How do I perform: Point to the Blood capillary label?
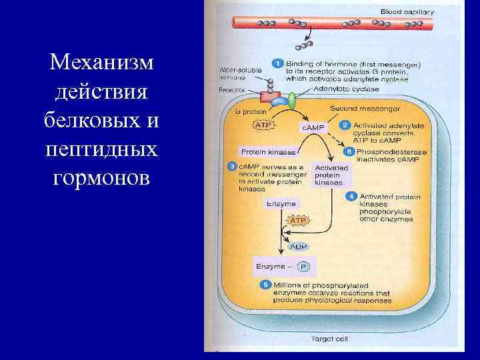407,11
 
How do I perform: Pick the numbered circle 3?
231,165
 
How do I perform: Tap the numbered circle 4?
351,196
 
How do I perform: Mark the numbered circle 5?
264,285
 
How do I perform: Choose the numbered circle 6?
348,151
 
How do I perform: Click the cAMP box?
313,128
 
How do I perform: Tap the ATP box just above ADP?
298,219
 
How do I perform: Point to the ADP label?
298,246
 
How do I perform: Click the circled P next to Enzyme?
303,267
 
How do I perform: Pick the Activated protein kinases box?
328,175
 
